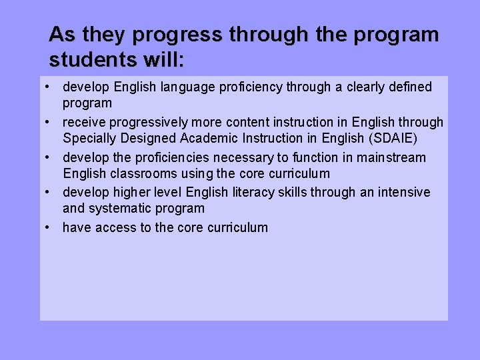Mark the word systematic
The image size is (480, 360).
(x=120, y=209)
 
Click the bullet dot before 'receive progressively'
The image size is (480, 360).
(x=51, y=122)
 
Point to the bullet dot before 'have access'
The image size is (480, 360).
(x=51, y=227)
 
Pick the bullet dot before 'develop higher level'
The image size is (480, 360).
(x=51, y=193)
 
